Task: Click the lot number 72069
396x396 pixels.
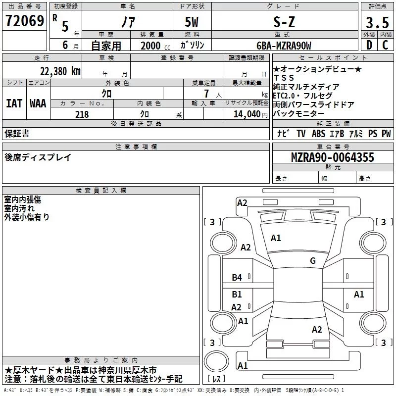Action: coord(24,21)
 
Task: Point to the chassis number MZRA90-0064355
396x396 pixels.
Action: coord(332,158)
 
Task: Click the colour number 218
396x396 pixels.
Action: coord(82,114)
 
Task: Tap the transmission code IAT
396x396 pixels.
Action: coord(14,103)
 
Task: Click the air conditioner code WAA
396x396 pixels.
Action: coord(38,103)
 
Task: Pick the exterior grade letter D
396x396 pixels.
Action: coord(369,46)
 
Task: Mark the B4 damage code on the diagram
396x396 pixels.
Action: coord(237,278)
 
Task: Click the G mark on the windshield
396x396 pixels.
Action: coord(312,261)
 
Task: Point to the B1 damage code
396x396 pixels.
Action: coord(237,295)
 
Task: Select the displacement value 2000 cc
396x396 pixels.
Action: coord(151,46)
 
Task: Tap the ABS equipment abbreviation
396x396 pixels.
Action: coord(319,134)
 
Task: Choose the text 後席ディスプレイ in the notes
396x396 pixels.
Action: coord(38,157)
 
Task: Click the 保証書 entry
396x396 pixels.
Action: coord(17,134)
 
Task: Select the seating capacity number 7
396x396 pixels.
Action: coord(205,94)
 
